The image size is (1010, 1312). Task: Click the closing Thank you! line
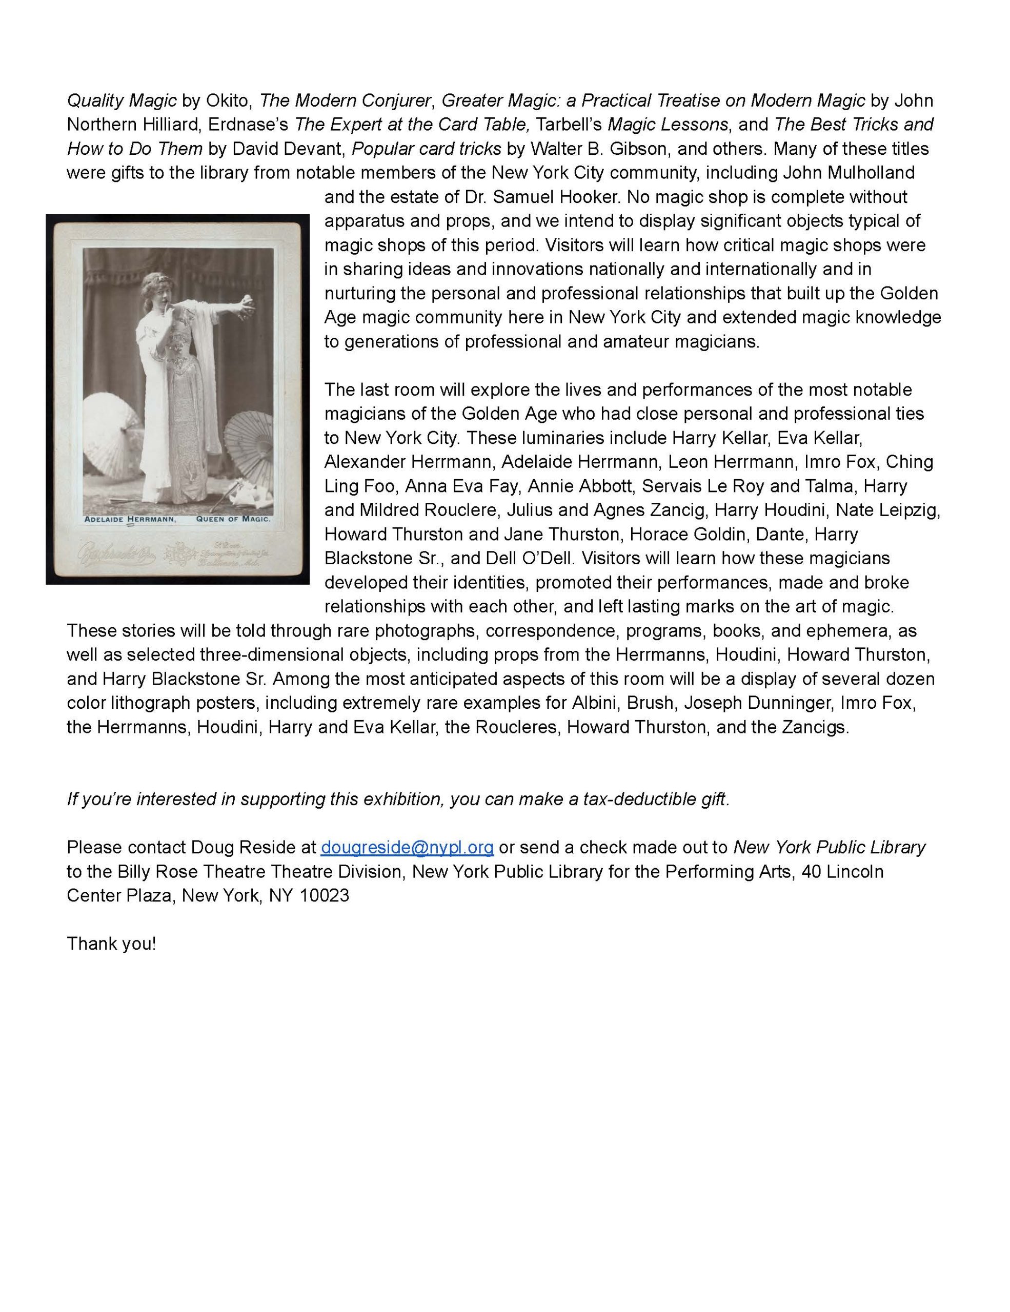[x=111, y=943]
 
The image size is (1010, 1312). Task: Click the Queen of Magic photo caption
[x=233, y=519]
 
